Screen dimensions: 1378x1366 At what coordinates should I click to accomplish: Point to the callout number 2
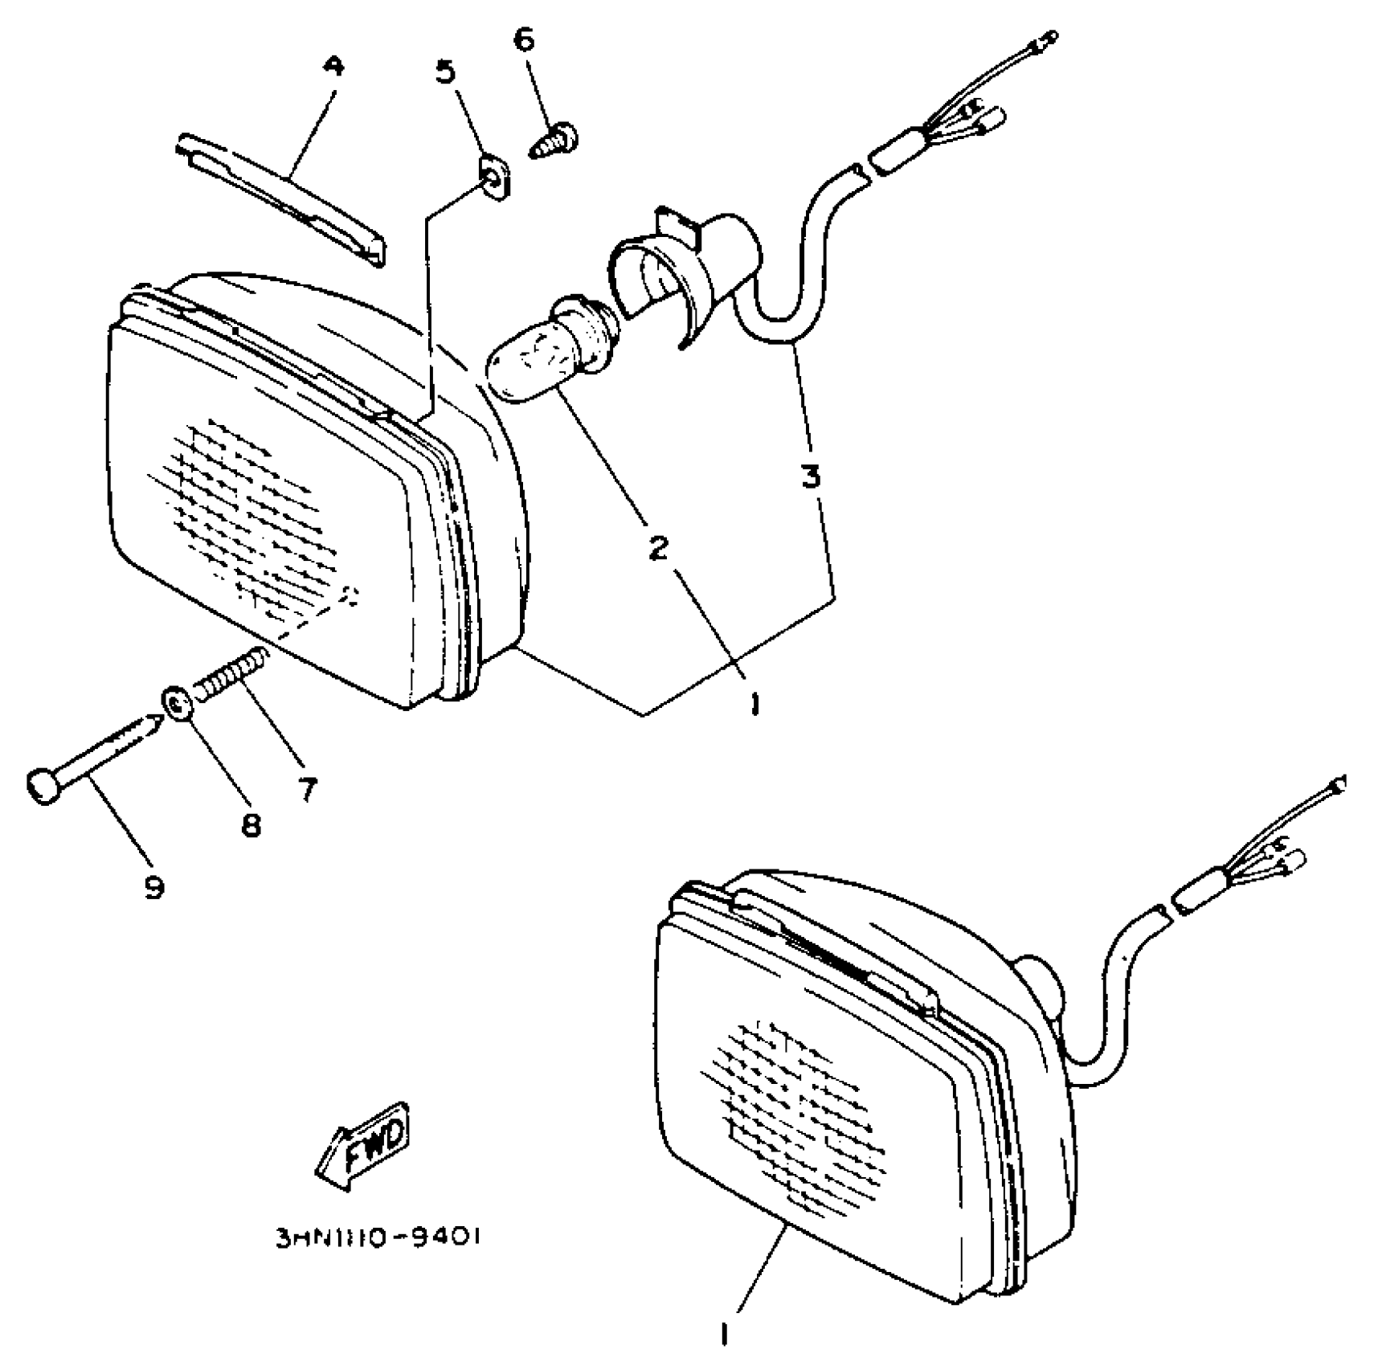(x=658, y=548)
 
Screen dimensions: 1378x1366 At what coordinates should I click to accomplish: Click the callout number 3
(x=811, y=476)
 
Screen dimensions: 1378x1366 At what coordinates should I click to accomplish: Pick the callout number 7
(x=307, y=789)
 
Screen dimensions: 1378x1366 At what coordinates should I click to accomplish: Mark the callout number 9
(x=153, y=887)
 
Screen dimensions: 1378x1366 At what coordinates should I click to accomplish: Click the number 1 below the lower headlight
(x=724, y=1335)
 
